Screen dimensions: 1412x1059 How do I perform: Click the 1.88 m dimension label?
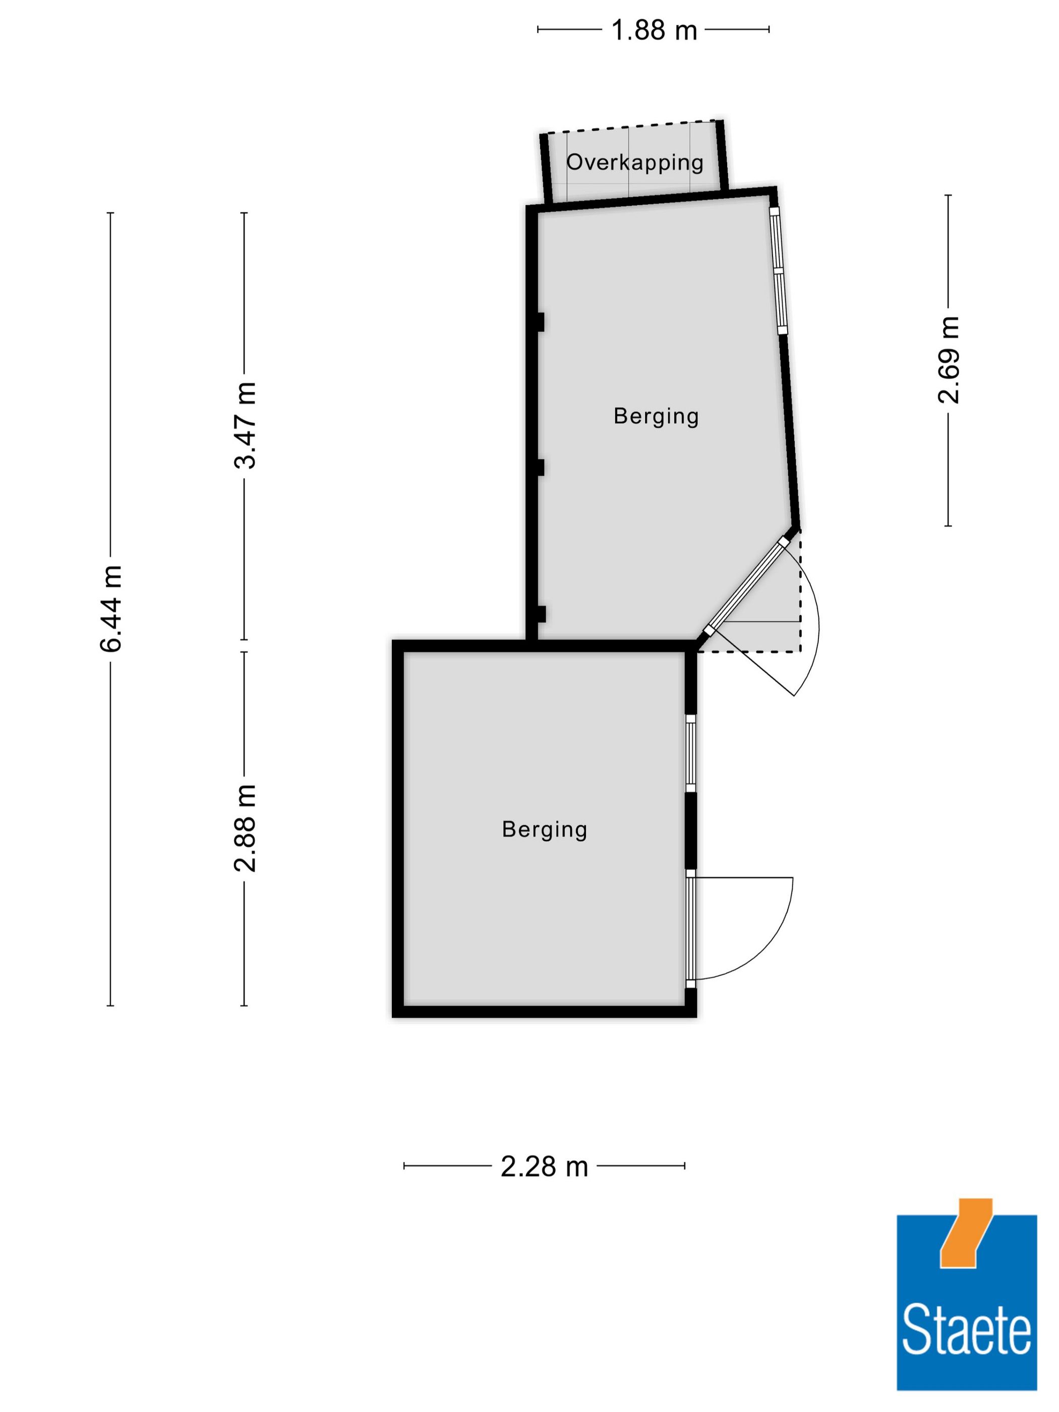[x=654, y=30]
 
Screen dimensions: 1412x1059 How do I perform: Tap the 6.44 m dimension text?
[x=111, y=608]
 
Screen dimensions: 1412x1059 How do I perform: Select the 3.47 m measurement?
[x=245, y=425]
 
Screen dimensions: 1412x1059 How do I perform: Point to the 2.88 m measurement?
[x=245, y=828]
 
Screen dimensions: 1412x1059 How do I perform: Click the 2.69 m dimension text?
[x=948, y=360]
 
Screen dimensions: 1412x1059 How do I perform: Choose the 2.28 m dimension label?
[x=544, y=1167]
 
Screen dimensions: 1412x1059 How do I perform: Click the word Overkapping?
[x=634, y=162]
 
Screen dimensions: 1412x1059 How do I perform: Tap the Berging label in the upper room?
[x=656, y=416]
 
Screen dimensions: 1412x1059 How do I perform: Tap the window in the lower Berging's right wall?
[x=690, y=754]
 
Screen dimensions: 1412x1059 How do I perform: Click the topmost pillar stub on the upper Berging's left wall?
[x=540, y=322]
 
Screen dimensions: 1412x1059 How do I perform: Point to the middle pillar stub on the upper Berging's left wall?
[x=540, y=467]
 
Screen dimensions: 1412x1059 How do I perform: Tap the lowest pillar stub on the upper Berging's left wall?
[x=540, y=614]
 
